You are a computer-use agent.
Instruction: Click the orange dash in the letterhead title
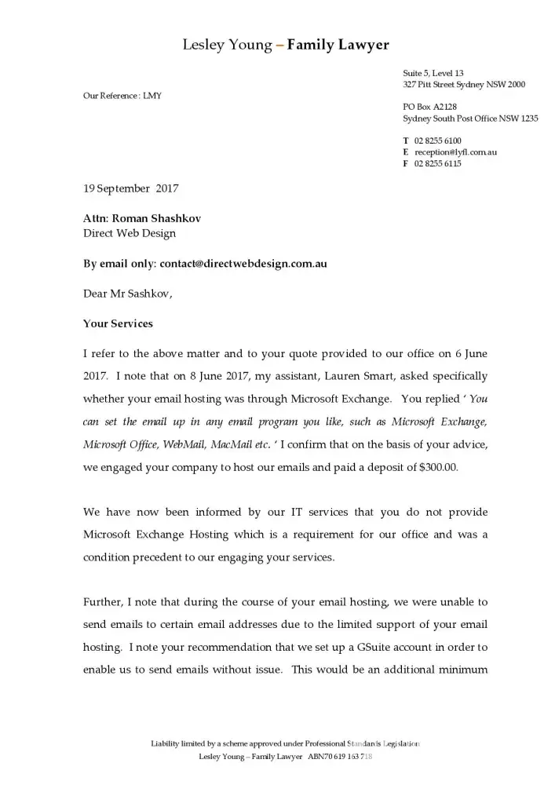(x=280, y=46)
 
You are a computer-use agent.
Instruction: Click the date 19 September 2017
(x=131, y=188)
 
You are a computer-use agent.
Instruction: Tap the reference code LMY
(x=152, y=96)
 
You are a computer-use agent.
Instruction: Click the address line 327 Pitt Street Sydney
(x=464, y=84)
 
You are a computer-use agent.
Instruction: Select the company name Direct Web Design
(x=130, y=233)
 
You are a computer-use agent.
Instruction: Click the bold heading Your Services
(x=118, y=323)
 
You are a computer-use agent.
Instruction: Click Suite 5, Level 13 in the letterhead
(x=433, y=73)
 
